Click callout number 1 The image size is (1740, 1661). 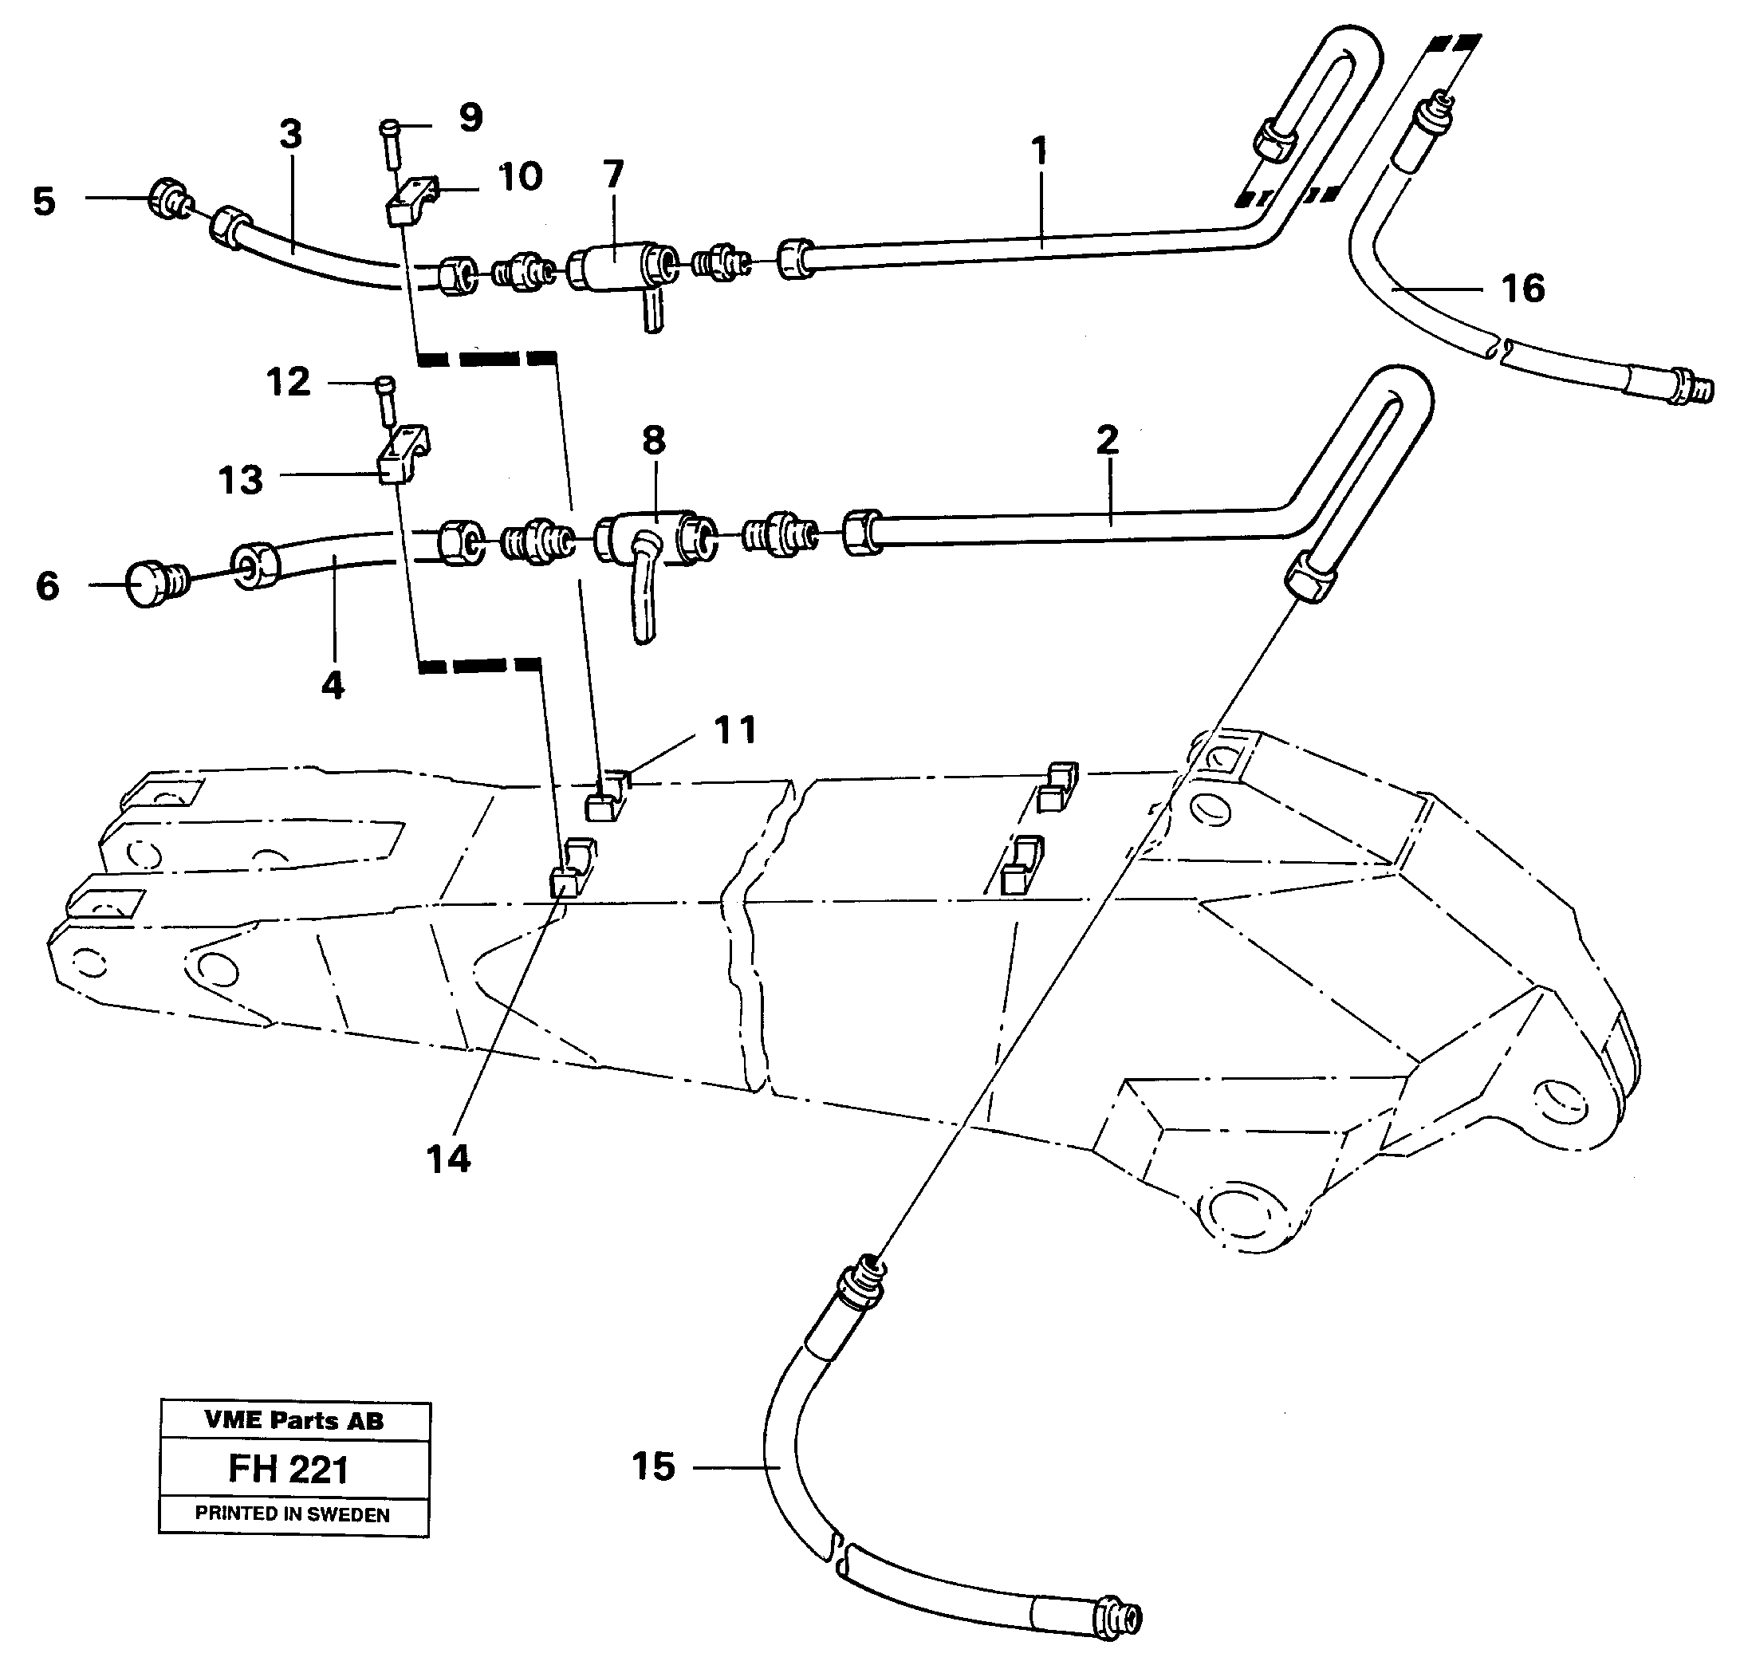[1040, 151]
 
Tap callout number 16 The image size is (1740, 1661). [1523, 289]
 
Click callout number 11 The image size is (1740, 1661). [735, 730]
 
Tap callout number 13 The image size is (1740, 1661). [241, 480]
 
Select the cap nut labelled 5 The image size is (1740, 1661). [167, 198]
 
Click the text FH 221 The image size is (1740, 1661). [289, 1470]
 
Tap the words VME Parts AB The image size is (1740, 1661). [294, 1421]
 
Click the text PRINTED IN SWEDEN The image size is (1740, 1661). [292, 1514]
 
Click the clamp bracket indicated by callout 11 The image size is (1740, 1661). [607, 797]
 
